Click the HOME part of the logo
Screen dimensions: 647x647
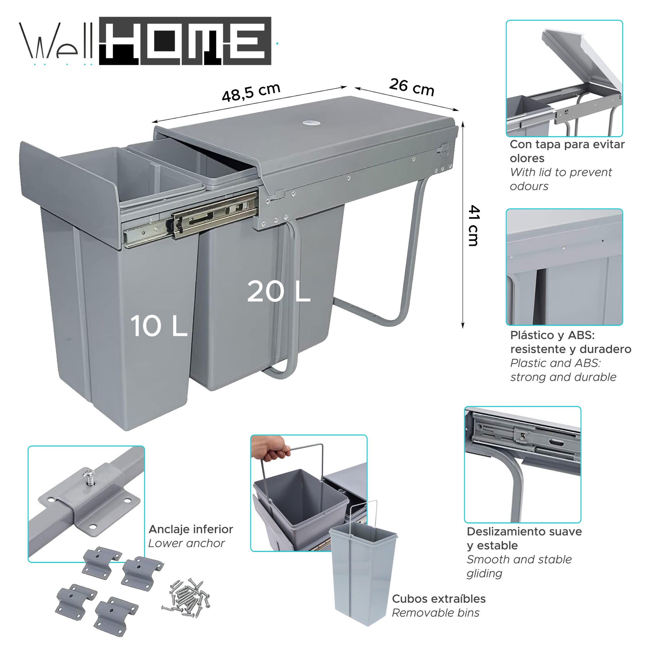(x=185, y=41)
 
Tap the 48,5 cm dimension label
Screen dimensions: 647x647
(x=251, y=92)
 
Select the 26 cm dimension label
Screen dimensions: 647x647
(x=412, y=87)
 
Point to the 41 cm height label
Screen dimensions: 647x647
(x=473, y=226)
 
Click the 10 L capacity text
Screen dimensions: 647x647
(x=158, y=326)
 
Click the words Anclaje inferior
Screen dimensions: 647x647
(x=191, y=529)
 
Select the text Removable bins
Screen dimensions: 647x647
(x=435, y=613)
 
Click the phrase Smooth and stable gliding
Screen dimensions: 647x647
(x=519, y=566)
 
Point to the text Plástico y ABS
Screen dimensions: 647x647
(x=552, y=335)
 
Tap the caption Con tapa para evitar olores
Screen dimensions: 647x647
(x=567, y=151)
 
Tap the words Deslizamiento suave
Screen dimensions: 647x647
(x=524, y=531)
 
